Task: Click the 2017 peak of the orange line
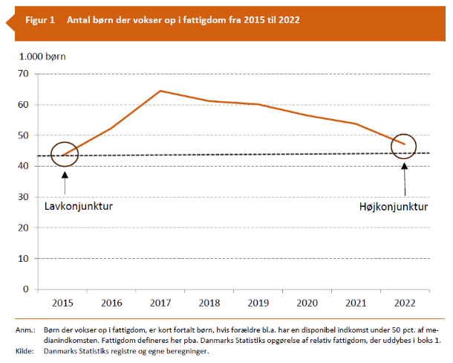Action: click(x=161, y=91)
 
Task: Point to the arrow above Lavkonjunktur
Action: click(x=65, y=180)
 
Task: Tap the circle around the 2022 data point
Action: click(x=404, y=147)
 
